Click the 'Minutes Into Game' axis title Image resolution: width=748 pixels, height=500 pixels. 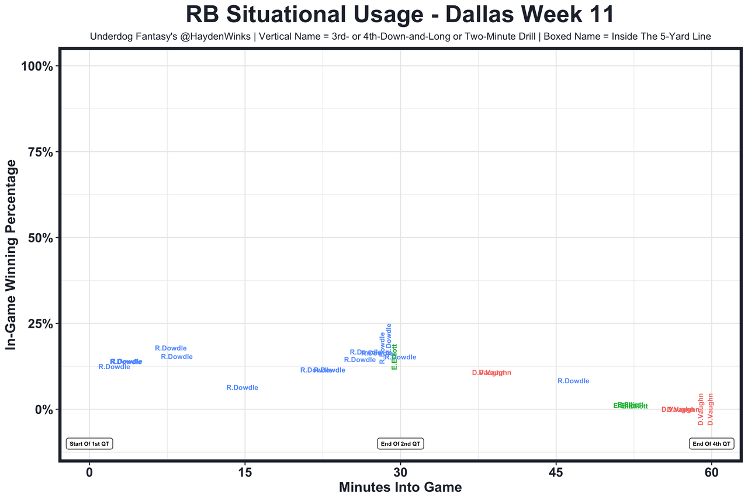point(400,487)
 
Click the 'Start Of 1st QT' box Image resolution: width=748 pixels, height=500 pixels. point(89,444)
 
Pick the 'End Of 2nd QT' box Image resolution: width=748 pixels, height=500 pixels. point(400,444)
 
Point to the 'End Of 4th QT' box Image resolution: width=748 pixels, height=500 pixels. point(711,444)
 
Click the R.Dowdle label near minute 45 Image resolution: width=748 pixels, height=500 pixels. point(573,381)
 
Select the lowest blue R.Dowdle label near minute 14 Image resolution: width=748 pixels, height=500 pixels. point(242,388)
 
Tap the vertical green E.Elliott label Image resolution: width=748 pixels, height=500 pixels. point(394,356)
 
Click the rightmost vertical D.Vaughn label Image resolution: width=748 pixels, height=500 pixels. point(711,409)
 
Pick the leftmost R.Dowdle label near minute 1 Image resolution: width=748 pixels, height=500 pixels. point(114,367)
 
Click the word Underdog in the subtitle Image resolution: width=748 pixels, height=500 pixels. point(111,36)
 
